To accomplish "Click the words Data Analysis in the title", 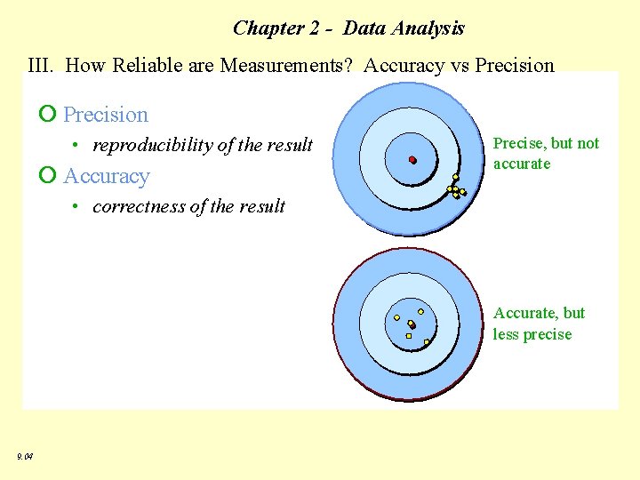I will pos(404,28).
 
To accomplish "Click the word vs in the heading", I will pos(459,65).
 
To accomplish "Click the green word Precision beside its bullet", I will pos(106,115).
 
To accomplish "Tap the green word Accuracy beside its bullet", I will pos(107,176).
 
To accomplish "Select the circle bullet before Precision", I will pos(48,115).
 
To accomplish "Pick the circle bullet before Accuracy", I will pos(48,176).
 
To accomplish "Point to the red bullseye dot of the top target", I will pos(412,160).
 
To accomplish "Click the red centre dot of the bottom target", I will pos(412,325).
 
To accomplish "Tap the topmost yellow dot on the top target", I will pos(455,177).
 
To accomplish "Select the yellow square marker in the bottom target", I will pos(408,336).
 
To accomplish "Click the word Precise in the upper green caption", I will pos(518,143).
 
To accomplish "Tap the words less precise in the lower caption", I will pos(532,334).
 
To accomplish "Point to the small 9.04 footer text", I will pos(25,456).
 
